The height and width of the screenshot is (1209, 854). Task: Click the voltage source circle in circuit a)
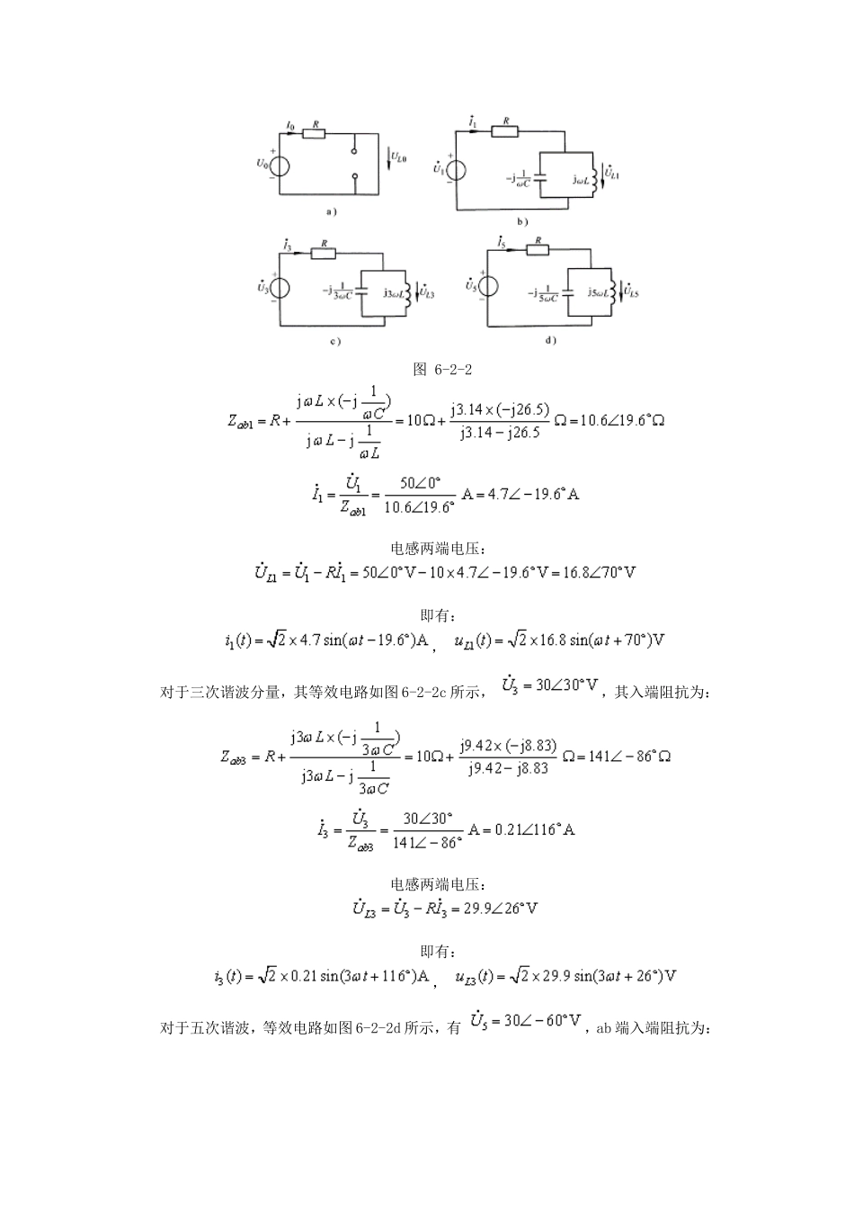280,165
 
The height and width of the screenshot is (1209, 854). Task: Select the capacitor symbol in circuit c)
361,291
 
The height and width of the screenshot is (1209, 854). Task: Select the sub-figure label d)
550,341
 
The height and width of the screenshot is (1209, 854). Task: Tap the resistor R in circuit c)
324,254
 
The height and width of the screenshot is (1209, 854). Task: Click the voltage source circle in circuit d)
490,284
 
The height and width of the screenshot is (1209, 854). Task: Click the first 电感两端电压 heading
427,549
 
